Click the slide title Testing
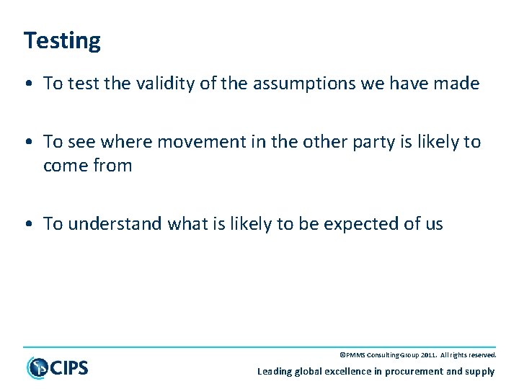(62, 40)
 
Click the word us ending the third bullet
(434, 224)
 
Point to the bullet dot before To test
(27, 84)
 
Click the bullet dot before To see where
(27, 143)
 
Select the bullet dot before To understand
(27, 225)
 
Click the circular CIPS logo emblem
(37, 368)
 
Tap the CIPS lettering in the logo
(69, 368)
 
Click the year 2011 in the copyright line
(425, 355)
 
